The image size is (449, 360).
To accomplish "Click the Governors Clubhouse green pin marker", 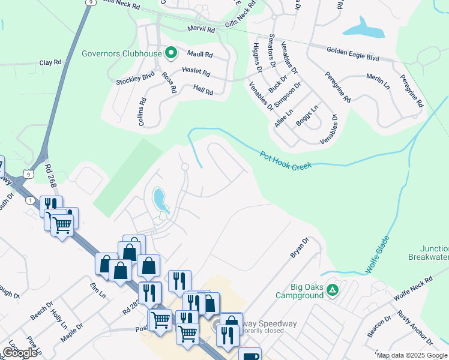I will (x=170, y=53).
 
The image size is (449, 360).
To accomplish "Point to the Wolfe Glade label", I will (x=376, y=256).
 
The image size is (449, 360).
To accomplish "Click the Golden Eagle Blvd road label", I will (x=353, y=54).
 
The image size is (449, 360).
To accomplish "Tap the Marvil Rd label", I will (x=201, y=29).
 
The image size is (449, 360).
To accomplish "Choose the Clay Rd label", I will (x=50, y=62).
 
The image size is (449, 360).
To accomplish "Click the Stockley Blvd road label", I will (x=136, y=77).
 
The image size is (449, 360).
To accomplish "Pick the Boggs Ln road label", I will (x=307, y=116).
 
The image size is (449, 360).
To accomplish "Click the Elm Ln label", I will (x=98, y=291).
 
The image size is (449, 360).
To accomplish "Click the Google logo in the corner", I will (x=20, y=353).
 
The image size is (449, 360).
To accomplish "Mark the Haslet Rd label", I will (x=196, y=73).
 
